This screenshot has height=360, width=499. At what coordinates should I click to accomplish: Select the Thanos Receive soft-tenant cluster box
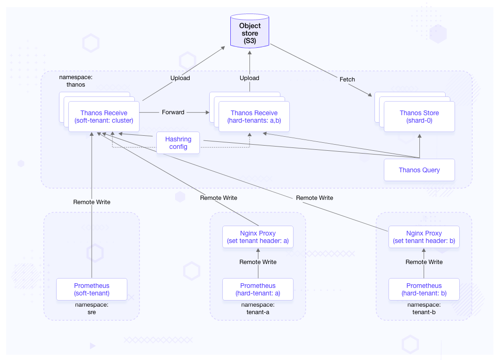click(x=103, y=117)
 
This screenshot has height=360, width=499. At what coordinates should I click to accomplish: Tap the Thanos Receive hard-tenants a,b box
click(x=254, y=117)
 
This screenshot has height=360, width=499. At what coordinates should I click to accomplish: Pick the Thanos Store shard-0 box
click(x=419, y=117)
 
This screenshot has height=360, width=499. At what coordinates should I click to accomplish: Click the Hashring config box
click(x=178, y=143)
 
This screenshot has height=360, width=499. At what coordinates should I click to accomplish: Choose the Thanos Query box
click(x=419, y=170)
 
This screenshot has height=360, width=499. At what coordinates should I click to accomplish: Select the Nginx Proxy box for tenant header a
click(x=257, y=237)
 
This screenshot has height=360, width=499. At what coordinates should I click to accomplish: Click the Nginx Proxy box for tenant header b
click(x=424, y=237)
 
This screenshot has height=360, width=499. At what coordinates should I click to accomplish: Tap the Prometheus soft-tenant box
click(x=92, y=289)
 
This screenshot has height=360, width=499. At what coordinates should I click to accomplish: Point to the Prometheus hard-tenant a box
click(x=257, y=289)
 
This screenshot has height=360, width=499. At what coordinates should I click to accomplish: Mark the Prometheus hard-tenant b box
click(x=424, y=289)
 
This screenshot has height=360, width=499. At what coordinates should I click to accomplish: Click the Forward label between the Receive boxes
click(x=173, y=112)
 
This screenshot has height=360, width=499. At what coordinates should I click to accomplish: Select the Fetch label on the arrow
click(x=347, y=80)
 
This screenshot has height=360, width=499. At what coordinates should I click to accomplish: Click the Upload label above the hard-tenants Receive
click(x=249, y=78)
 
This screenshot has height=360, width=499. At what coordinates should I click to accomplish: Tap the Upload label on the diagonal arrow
click(x=180, y=78)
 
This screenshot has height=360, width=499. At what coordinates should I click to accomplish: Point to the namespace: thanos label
click(x=72, y=81)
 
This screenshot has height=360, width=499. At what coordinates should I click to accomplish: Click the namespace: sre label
click(x=92, y=308)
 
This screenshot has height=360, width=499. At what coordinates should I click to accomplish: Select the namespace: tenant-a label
click(x=257, y=308)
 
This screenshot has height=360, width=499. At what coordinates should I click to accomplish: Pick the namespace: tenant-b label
click(x=424, y=308)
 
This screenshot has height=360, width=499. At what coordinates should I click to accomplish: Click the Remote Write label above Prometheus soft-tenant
click(x=92, y=202)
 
